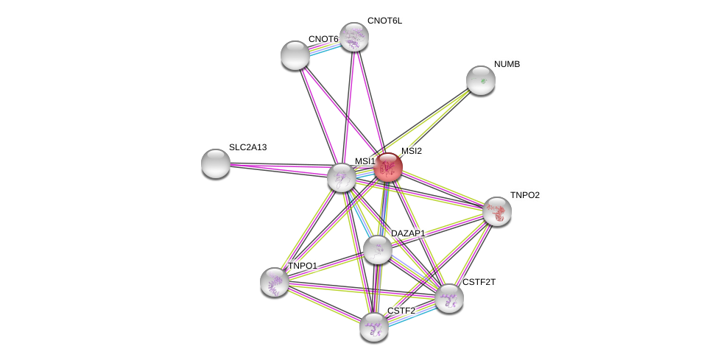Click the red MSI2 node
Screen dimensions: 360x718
pos(387,168)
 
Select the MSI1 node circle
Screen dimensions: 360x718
pos(342,177)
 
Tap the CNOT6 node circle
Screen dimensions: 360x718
pos(295,55)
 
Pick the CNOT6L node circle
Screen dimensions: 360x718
pos(353,37)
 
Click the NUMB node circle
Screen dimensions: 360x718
pos(481,80)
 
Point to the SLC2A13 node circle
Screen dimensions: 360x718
pos(216,163)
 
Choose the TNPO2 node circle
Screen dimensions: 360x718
pos(497,211)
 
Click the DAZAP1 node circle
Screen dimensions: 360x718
pos(378,250)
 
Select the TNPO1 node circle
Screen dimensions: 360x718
pos(275,282)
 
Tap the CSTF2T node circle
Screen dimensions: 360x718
pos(448,298)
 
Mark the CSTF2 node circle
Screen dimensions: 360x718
pos(374,327)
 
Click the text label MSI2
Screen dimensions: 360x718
pos(412,151)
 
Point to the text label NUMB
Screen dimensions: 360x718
pos(507,64)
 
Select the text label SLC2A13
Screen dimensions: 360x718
pos(247,147)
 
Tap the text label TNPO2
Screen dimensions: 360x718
pos(525,195)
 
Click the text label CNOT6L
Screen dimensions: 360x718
pos(384,21)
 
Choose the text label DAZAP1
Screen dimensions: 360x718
pos(408,233)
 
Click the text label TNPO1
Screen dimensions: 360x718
pos(303,266)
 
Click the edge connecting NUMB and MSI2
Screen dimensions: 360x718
pos(434,124)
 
